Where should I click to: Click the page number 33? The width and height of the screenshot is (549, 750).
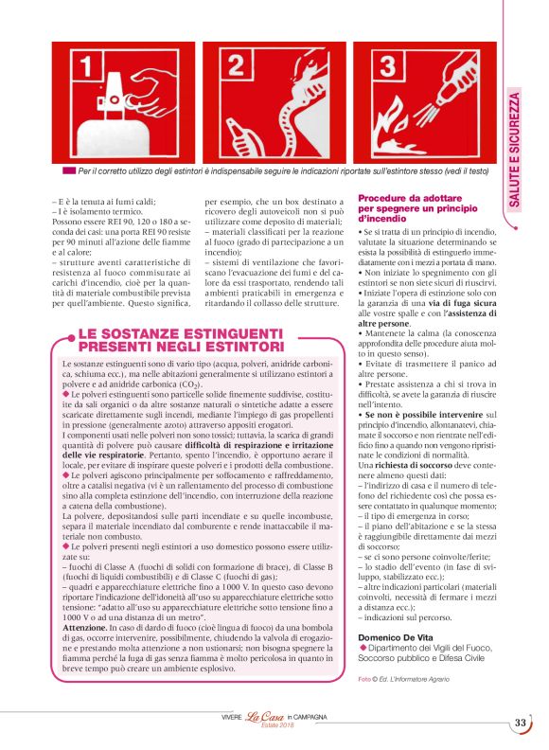coord(520,723)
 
